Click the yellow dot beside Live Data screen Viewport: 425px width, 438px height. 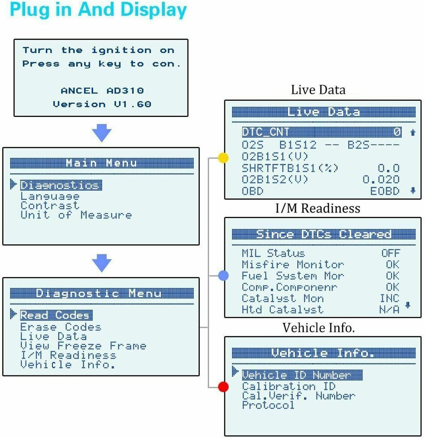(223, 158)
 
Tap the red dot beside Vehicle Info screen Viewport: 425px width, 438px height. (223, 387)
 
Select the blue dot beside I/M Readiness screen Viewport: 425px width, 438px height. (223, 276)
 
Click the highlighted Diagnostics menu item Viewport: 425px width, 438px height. (61, 185)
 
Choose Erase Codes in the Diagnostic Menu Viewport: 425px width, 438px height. (60, 327)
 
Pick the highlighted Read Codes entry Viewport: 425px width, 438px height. (56, 315)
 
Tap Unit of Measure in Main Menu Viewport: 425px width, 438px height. (76, 215)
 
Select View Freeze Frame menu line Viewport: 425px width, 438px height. (83, 346)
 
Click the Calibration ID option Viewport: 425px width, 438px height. (289, 386)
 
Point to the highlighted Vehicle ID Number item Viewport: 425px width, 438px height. (302, 375)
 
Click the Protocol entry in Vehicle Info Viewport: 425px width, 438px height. (268, 405)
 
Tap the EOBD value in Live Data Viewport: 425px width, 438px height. (385, 191)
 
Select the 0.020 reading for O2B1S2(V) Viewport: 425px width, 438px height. (381, 180)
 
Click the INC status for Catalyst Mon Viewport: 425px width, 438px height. (389, 298)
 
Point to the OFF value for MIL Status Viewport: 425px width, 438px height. (390, 253)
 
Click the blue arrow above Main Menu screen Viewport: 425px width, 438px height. (101, 133)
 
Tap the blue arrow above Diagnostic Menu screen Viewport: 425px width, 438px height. (101, 263)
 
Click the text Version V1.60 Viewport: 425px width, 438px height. (101, 104)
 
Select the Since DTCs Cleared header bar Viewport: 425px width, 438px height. (323, 234)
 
